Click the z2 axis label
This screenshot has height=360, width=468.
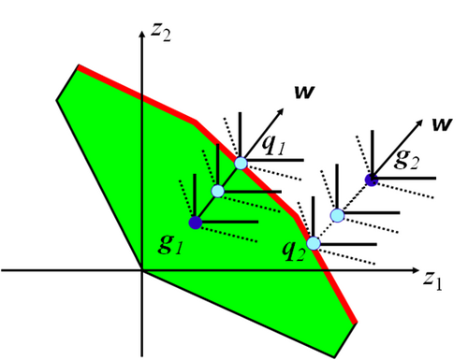pyautogui.click(x=161, y=32)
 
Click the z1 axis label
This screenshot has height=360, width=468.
pyautogui.click(x=433, y=280)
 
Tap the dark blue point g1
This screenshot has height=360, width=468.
pyautogui.click(x=196, y=223)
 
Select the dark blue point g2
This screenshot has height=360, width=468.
pyautogui.click(x=372, y=180)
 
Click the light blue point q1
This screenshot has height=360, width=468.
pyautogui.click(x=241, y=164)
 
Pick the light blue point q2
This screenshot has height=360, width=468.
pyautogui.click(x=314, y=243)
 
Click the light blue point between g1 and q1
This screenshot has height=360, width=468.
pyautogui.click(x=218, y=191)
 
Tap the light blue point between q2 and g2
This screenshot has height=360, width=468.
pyautogui.click(x=337, y=215)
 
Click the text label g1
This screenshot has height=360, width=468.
pyautogui.click(x=170, y=244)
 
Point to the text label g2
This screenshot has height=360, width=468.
pyautogui.click(x=406, y=160)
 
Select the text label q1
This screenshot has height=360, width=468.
pyautogui.click(x=273, y=145)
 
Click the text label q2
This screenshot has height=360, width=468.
pyautogui.click(x=293, y=251)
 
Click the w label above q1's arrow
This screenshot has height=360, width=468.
pyautogui.click(x=304, y=92)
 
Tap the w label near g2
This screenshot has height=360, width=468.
pyautogui.click(x=442, y=124)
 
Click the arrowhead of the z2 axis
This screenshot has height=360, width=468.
pyautogui.click(x=142, y=34)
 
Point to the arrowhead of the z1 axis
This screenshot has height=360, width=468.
pyautogui.click(x=416, y=270)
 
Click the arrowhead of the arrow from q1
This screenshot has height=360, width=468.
pyautogui.click(x=281, y=111)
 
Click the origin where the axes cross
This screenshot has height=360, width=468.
pyautogui.click(x=142, y=270)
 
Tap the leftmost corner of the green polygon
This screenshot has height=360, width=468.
pyautogui.click(x=57, y=100)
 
